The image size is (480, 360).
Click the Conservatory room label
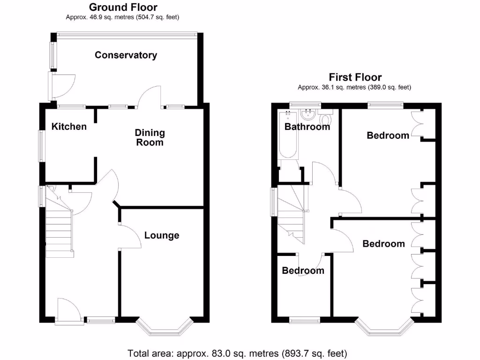tap(126, 55)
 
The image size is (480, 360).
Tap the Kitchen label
tap(69, 127)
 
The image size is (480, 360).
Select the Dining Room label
tap(150, 137)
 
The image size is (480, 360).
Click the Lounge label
tap(161, 235)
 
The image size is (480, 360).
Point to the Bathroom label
tap(307, 127)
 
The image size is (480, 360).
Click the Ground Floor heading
tap(123, 7)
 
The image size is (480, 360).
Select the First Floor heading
tap(355, 77)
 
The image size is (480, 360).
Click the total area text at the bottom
tap(237, 352)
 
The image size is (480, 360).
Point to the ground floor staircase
tap(59, 230)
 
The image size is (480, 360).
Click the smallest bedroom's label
tap(303, 271)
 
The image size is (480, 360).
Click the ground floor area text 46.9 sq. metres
tap(123, 17)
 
